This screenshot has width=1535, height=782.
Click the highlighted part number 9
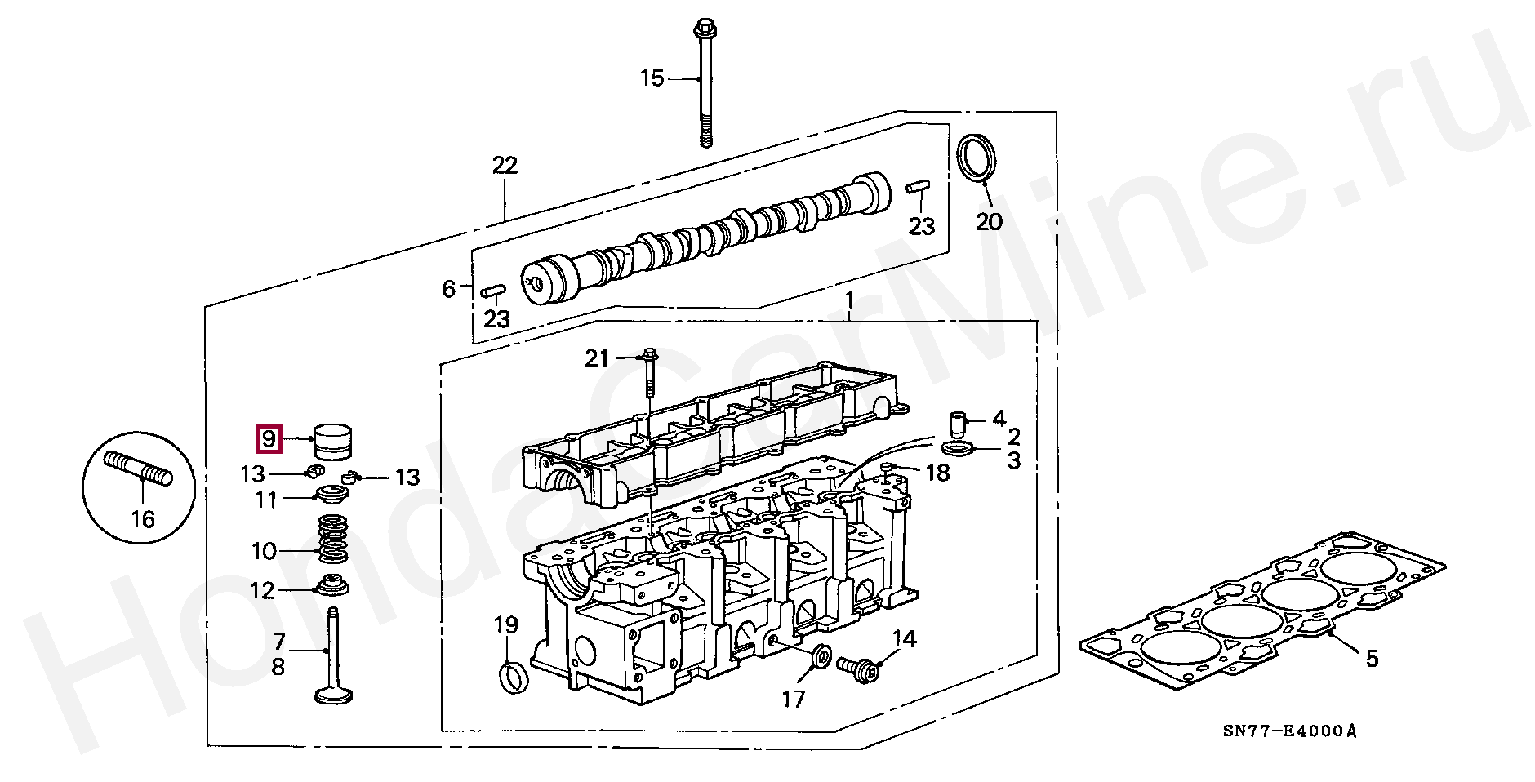269,440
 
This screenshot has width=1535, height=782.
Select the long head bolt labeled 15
705,84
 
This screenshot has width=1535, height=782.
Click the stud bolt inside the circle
139,469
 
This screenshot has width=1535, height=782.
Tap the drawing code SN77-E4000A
1289,731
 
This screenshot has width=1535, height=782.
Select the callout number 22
505,166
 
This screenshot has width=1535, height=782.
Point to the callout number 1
849,301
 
